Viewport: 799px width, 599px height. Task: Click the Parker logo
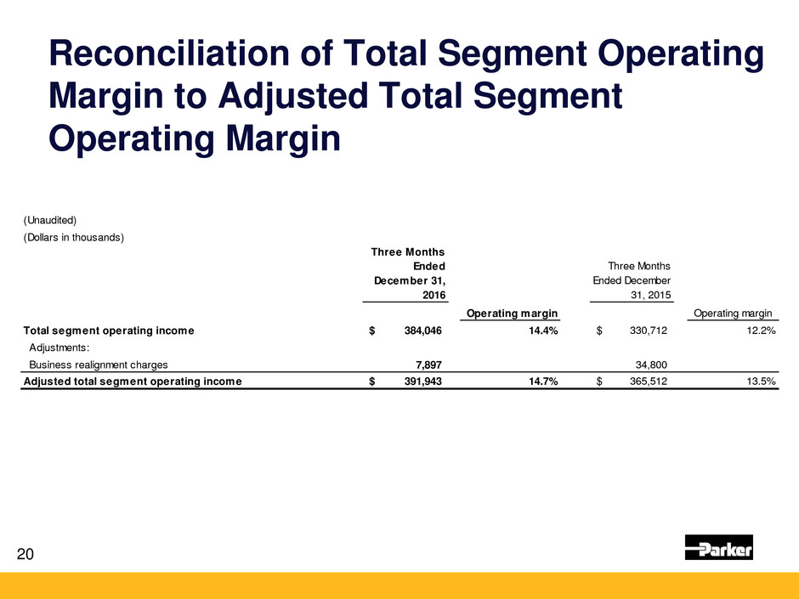718,549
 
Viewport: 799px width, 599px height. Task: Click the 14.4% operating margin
541,331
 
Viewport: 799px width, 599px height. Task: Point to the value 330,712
643,331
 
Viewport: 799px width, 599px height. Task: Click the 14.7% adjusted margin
541,381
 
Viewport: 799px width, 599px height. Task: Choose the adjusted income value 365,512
643,381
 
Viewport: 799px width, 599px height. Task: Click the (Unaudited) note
50,220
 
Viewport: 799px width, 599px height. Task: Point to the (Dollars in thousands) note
74,237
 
